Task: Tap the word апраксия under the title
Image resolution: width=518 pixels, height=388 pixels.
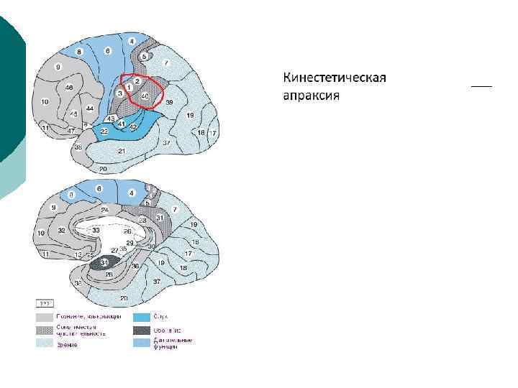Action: coord(310,96)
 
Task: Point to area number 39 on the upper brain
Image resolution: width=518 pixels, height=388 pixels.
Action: coord(170,103)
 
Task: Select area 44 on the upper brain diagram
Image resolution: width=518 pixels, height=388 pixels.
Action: coord(90,108)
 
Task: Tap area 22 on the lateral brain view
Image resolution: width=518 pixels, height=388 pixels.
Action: coord(104,131)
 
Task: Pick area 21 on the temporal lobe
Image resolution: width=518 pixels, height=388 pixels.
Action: coord(122,150)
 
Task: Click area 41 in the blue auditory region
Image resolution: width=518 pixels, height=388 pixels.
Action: coord(122,124)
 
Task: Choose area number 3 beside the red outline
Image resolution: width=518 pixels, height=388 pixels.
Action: coord(119,93)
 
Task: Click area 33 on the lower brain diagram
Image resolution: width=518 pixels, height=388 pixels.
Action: coord(96,229)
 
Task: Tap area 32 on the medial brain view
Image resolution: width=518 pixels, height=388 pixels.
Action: coord(62,231)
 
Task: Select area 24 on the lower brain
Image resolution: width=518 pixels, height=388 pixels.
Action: coord(105,211)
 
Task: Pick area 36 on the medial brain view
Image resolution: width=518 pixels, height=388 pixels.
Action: coord(135,266)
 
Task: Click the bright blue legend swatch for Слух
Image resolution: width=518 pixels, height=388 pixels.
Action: coord(141,317)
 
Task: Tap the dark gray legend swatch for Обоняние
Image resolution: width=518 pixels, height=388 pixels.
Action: coord(141,331)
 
